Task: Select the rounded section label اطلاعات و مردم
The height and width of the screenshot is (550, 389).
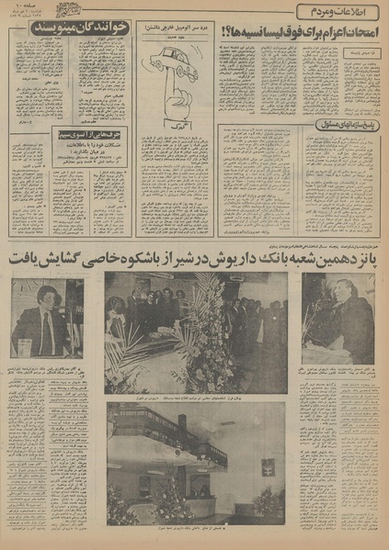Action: tap(338, 12)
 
